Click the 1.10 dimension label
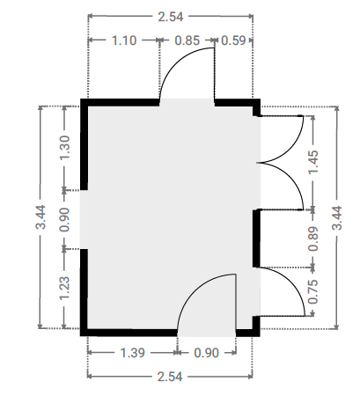pos(124,40)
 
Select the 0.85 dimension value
pos(187,40)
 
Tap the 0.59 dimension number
pos(233,40)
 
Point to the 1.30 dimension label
pos(65,148)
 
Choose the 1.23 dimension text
pos(65,289)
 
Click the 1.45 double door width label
pos(312,162)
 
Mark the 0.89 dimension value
pos(312,238)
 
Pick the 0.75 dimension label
pos(312,292)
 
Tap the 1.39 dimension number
pos(133,353)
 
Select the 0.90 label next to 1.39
pos(207,353)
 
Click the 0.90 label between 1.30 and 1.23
pos(65,219)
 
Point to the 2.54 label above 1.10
pos(171,17)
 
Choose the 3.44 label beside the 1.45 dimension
pos(337,218)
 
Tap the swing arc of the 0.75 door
pos(291,281)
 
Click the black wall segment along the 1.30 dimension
pos(84,144)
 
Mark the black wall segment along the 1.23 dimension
pos(84,292)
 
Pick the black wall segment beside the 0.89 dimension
pos(256,238)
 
